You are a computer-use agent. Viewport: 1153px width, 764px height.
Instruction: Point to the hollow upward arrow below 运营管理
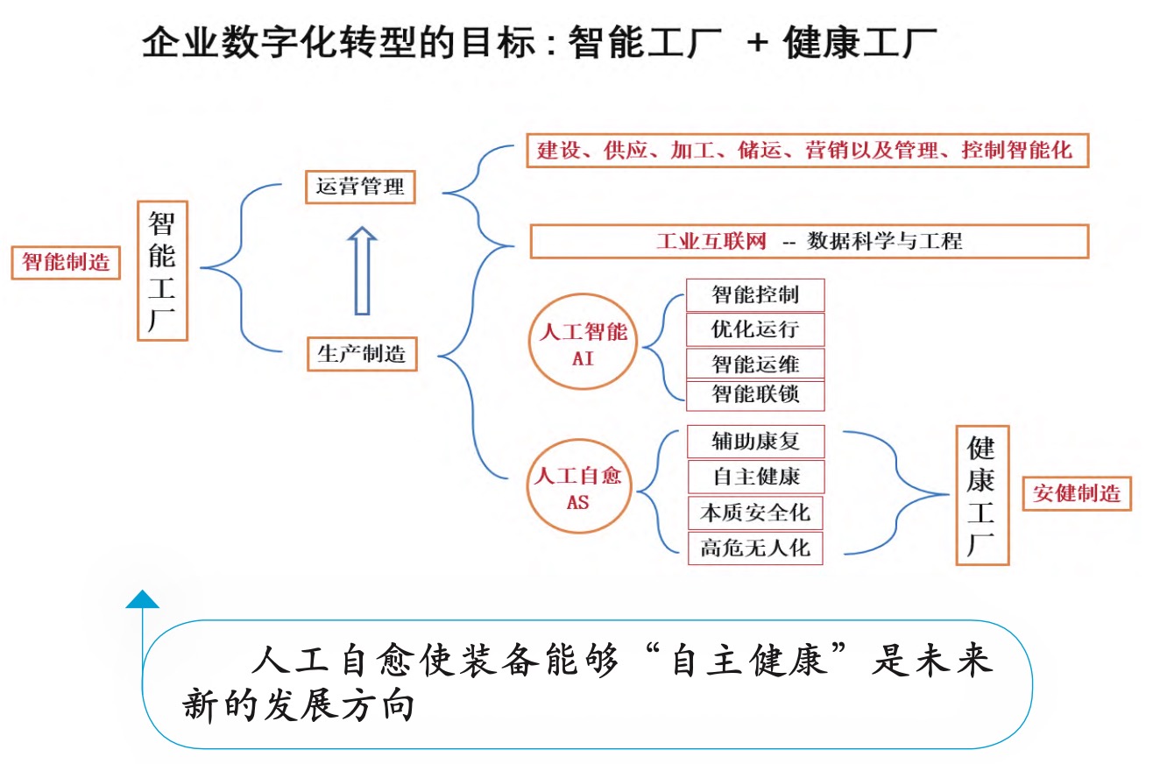coord(363,271)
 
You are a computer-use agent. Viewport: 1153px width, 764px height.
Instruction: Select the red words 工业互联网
coord(711,241)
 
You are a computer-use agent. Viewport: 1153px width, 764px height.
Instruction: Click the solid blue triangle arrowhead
coord(143,599)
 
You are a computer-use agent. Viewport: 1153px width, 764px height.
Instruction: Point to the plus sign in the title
coord(757,42)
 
